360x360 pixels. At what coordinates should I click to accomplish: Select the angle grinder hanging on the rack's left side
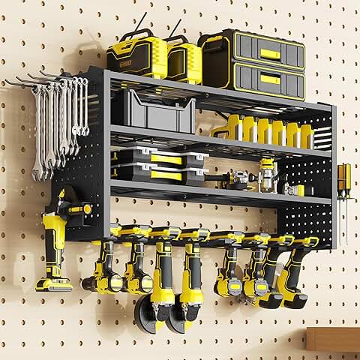pyautogui.click(x=55, y=240)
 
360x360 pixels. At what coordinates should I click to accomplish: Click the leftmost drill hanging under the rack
pyautogui.click(x=104, y=262)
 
